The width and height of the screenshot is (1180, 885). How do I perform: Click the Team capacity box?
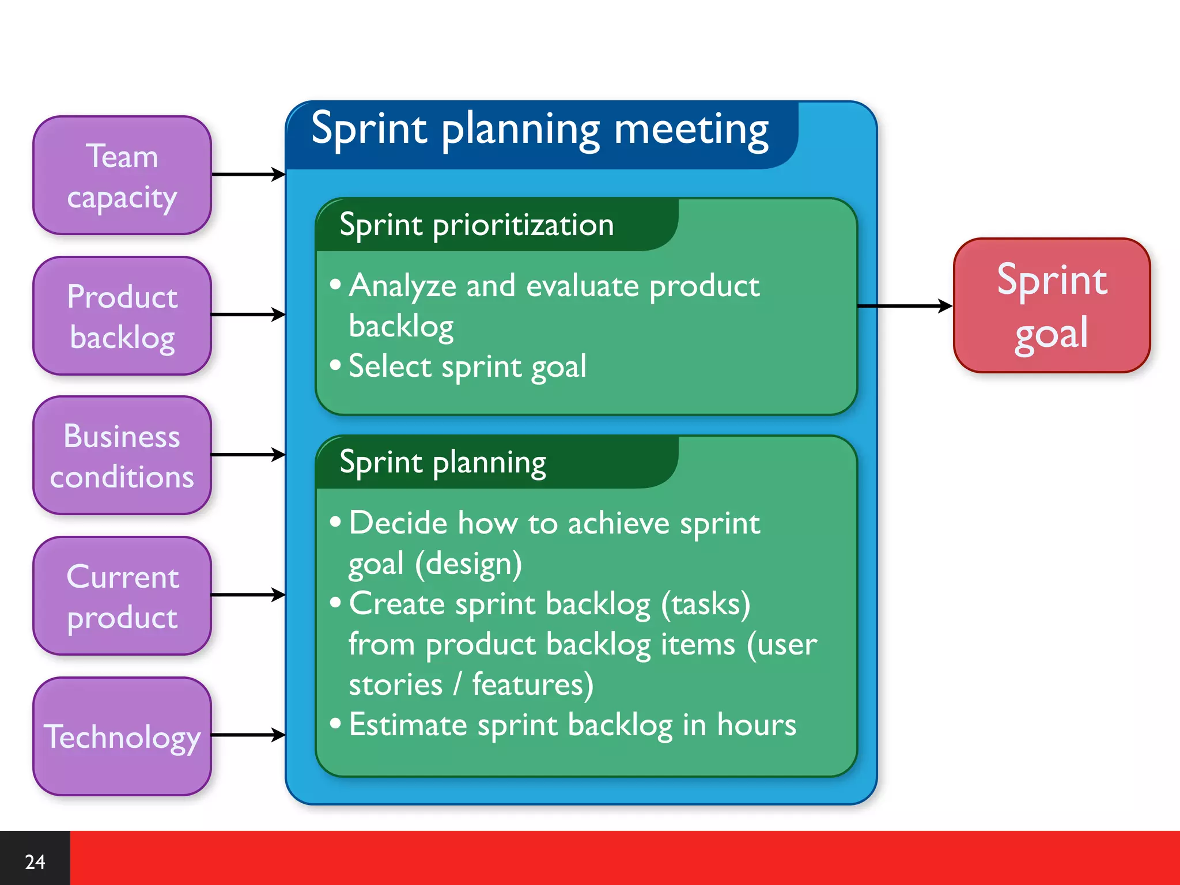click(x=122, y=176)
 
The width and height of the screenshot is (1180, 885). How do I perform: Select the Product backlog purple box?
click(x=122, y=316)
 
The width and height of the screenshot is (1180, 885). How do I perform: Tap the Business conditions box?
click(x=122, y=456)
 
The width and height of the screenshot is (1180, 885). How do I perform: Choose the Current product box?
click(x=122, y=596)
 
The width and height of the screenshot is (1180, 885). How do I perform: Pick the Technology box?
click(x=122, y=736)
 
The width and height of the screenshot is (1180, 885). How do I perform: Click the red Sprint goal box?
click(x=1052, y=305)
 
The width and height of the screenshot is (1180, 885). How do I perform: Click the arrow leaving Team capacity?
click(x=248, y=174)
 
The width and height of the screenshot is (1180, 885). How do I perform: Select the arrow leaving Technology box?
click(x=248, y=735)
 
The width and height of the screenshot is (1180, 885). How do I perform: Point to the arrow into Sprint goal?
click(x=905, y=306)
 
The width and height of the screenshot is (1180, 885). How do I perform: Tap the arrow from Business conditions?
click(x=248, y=455)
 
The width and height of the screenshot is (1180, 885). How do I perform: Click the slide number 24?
click(x=35, y=861)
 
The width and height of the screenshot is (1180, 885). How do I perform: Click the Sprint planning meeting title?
click(x=540, y=130)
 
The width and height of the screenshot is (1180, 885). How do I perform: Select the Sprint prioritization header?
click(x=476, y=225)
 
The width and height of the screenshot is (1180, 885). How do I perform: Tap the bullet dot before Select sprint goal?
click(x=335, y=365)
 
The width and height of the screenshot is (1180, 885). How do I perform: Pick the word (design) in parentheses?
click(x=468, y=563)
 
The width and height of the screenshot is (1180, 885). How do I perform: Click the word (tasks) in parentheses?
click(x=705, y=604)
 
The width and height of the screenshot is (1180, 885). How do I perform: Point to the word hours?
click(x=756, y=725)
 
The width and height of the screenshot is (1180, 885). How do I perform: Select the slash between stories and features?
click(x=457, y=684)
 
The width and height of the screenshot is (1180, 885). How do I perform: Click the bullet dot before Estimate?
click(x=335, y=723)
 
